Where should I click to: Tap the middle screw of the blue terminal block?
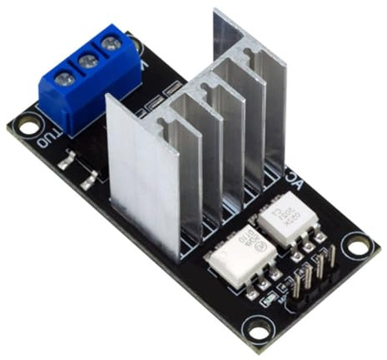[85, 60]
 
